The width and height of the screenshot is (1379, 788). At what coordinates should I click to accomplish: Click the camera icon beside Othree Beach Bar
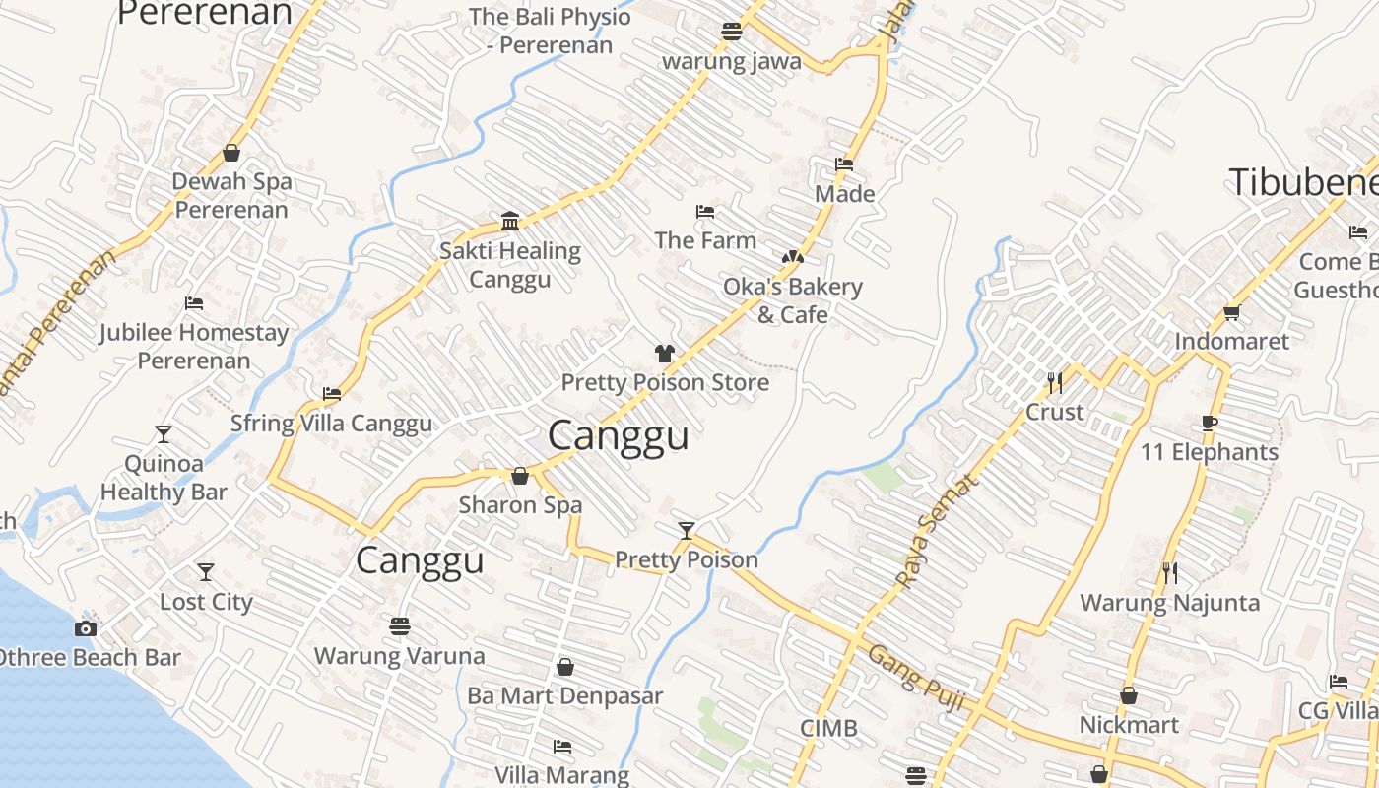pos(86,628)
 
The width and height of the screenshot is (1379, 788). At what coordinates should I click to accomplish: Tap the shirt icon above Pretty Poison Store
pos(664,354)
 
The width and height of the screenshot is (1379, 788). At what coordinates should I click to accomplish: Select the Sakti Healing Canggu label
pos(509,265)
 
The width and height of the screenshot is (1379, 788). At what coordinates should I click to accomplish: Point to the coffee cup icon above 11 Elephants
pos(1210,424)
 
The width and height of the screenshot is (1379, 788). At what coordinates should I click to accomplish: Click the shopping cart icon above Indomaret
pos(1231,313)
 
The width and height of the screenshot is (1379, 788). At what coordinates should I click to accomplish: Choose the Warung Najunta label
pos(1169,602)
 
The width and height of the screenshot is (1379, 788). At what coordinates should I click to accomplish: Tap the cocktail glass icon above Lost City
pos(205,572)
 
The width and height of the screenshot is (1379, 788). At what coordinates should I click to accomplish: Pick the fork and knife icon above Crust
pos(1054,382)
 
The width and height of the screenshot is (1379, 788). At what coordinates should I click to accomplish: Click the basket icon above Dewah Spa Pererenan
pos(231,153)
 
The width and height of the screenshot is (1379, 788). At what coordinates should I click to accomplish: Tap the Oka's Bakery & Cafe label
pos(793,300)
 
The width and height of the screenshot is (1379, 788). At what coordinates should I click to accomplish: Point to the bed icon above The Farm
pos(705,212)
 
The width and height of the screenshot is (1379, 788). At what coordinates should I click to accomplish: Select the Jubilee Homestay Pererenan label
pos(194,346)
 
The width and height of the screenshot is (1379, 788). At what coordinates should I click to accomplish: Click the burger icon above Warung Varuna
pos(399,626)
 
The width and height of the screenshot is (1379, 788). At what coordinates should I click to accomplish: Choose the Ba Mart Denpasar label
pos(564,695)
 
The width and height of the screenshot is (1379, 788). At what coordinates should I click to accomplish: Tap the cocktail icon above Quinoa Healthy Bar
pos(164,434)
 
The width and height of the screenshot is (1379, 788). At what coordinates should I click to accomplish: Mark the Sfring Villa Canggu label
pos(331,424)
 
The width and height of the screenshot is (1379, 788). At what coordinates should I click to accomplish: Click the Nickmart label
pos(1129,725)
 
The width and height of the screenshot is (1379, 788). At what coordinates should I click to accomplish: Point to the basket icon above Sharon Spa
pos(520,477)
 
